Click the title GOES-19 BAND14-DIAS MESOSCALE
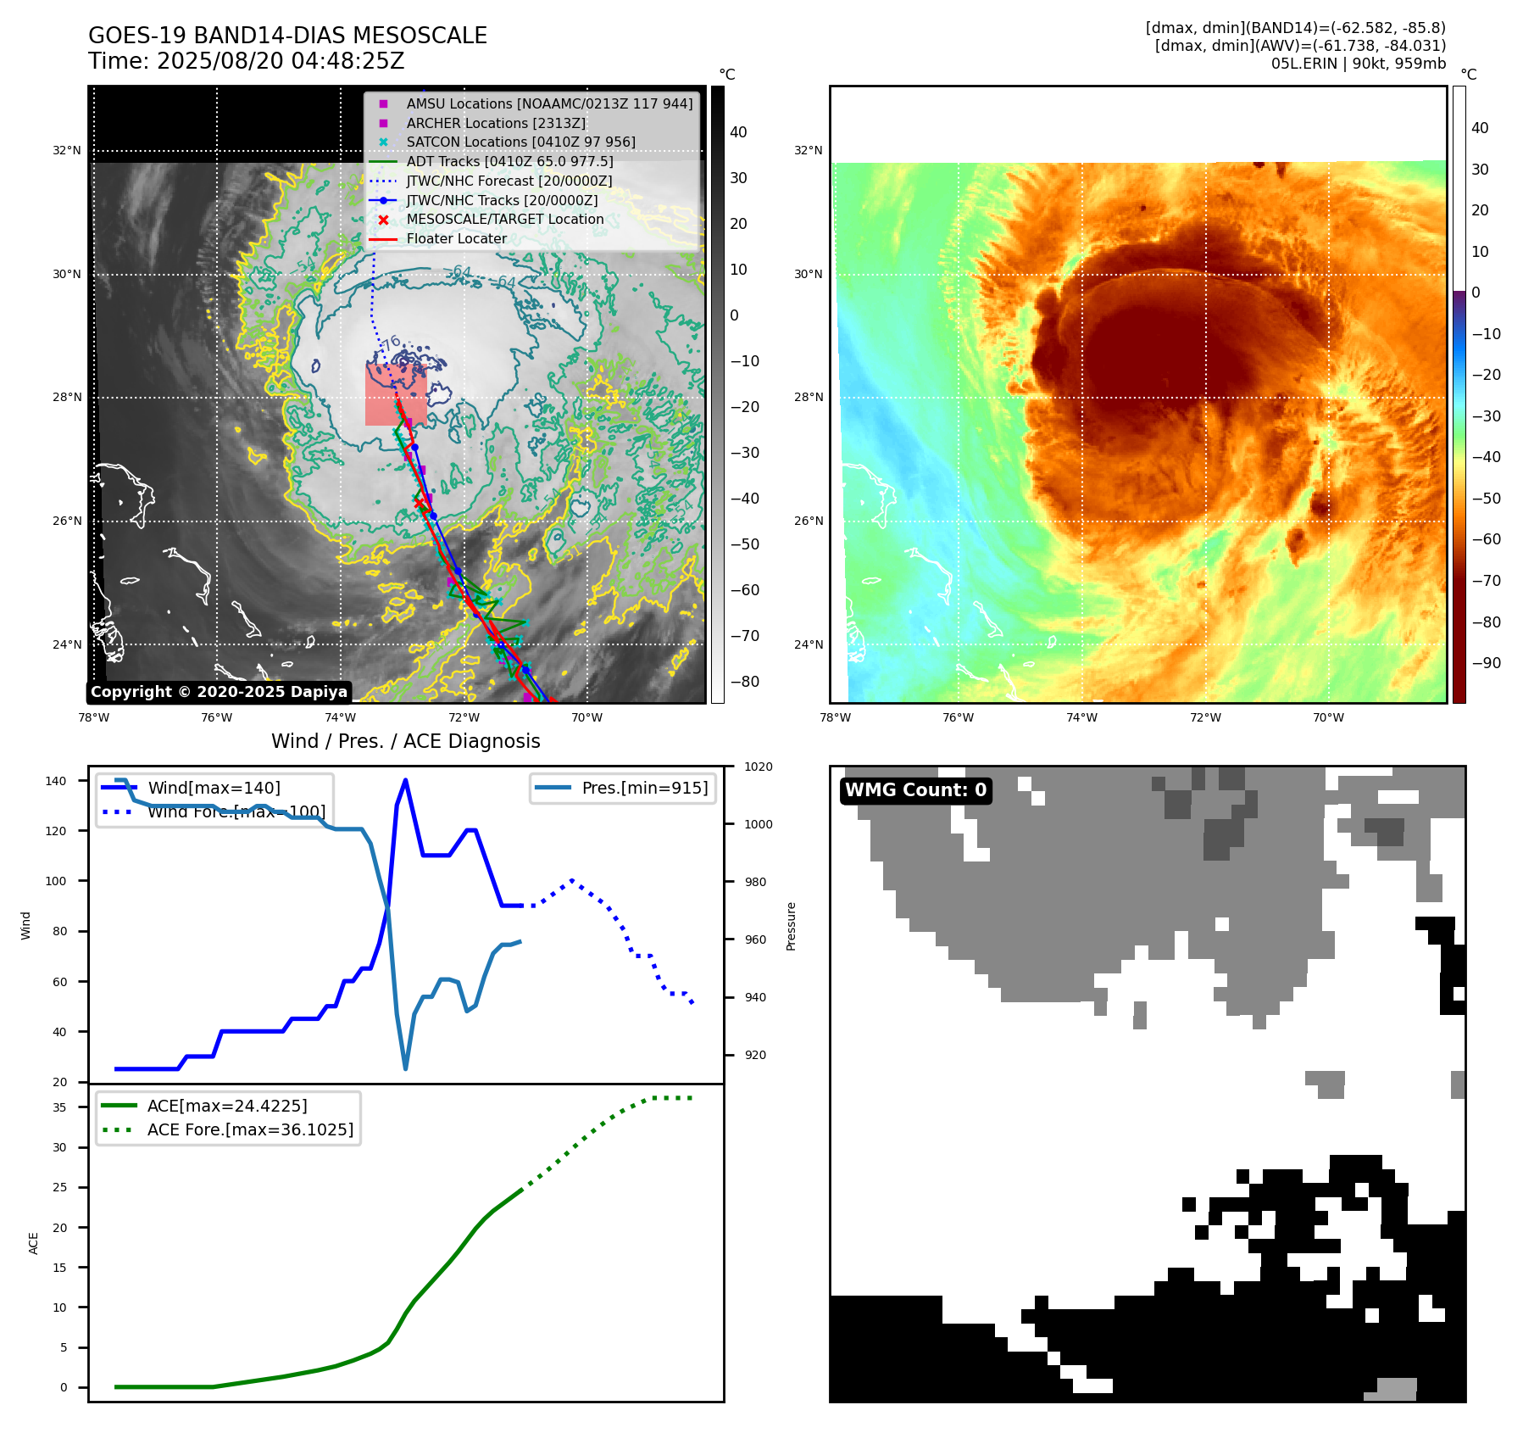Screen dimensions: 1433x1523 [x=287, y=36]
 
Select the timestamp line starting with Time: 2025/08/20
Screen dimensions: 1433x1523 [x=246, y=61]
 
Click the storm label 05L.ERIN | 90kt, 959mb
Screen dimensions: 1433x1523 [x=1358, y=64]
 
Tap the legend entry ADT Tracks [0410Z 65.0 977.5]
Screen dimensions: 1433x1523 [x=509, y=161]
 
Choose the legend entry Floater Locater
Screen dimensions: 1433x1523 [x=456, y=238]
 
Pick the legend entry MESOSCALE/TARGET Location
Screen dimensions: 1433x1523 [x=504, y=219]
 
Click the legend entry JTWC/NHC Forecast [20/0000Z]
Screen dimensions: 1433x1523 [x=509, y=181]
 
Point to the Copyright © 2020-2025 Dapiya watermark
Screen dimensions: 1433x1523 [x=219, y=692]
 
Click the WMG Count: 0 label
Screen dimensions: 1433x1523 [x=915, y=790]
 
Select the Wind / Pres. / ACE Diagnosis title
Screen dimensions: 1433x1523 [x=405, y=741]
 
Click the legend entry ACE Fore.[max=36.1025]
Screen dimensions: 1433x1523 [x=250, y=1129]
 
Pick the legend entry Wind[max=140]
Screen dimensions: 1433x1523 [x=214, y=788]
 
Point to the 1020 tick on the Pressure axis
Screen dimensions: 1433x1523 [x=758, y=767]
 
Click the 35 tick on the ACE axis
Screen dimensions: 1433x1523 [x=59, y=1107]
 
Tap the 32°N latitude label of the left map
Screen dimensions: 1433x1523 [x=67, y=151]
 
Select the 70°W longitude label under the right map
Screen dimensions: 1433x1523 [x=1328, y=717]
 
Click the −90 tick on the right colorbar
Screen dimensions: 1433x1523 [x=1486, y=663]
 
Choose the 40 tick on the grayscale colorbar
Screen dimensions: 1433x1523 [x=738, y=132]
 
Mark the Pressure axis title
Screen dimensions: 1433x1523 [x=791, y=926]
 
